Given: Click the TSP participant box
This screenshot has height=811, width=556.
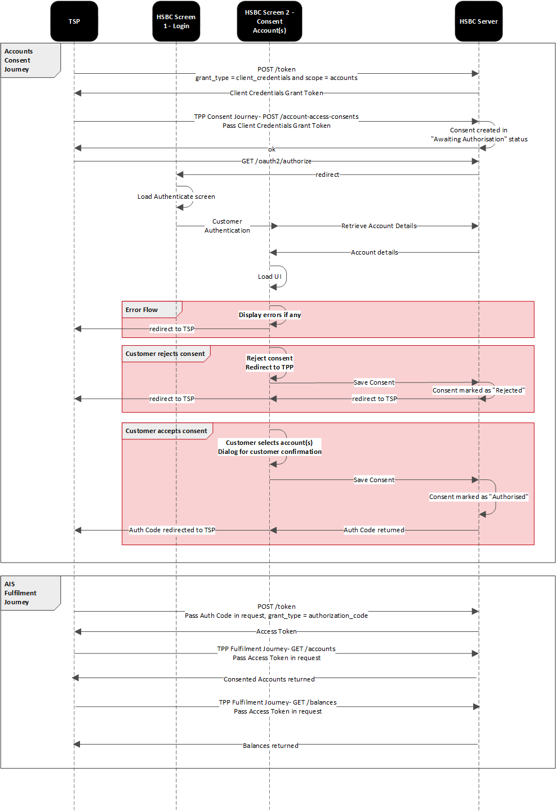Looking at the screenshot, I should coord(74,21).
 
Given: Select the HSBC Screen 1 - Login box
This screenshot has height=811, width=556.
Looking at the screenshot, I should coord(176,21).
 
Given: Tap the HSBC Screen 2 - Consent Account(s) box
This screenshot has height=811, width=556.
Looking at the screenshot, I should coord(269,21).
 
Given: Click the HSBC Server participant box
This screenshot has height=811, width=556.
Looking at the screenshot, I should coord(478,21).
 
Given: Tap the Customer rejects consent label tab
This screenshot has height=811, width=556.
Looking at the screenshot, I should coord(165,354).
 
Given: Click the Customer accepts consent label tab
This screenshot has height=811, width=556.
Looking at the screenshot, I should coord(166,431).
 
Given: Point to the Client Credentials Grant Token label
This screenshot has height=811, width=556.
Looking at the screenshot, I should coord(276,93).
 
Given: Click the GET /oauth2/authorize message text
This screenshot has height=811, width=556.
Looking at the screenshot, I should coord(276,161).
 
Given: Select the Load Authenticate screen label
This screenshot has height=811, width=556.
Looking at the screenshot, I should coord(176,197).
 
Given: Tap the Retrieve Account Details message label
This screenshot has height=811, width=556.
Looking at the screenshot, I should coord(379,226).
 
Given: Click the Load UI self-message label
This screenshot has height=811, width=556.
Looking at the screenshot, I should coord(269,277).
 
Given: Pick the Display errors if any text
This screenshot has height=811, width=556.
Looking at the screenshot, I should coord(269,315).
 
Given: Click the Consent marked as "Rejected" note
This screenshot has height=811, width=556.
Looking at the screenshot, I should coord(478,390).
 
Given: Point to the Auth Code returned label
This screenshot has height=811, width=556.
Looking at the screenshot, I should coord(373,530).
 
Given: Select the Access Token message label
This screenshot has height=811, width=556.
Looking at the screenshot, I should coord(276,631).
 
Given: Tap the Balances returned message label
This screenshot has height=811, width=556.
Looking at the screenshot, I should coord(270,746).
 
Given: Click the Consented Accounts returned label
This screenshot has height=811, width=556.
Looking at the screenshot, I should coord(269,679).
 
